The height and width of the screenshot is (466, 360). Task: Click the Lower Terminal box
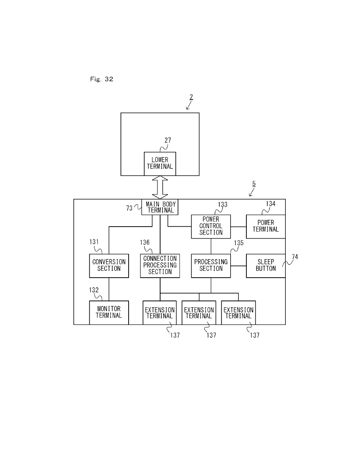pyautogui.click(x=160, y=164)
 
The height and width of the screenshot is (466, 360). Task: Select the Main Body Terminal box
pyautogui.click(x=160, y=207)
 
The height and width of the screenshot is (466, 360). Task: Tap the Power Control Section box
pyautogui.click(x=211, y=226)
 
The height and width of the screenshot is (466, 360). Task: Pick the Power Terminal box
pyautogui.click(x=265, y=226)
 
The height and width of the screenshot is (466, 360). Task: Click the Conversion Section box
pyautogui.click(x=109, y=266)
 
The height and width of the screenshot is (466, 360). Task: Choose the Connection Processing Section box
pyautogui.click(x=160, y=266)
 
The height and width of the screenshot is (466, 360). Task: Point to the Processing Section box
pyautogui.click(x=211, y=266)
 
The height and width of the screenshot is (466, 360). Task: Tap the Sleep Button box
pyautogui.click(x=265, y=266)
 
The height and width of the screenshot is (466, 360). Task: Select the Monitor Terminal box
pyautogui.click(x=109, y=313)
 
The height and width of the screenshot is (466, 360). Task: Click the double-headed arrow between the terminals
pyautogui.click(x=160, y=188)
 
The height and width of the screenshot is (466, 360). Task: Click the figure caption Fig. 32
pyautogui.click(x=101, y=79)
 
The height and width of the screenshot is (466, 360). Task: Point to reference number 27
pyautogui.click(x=168, y=140)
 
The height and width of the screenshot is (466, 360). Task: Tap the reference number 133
pyautogui.click(x=223, y=205)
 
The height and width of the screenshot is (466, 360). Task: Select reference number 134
pyautogui.click(x=271, y=204)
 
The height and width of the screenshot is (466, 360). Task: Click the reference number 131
pyautogui.click(x=94, y=242)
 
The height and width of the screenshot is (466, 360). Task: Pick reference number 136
pyautogui.click(x=145, y=242)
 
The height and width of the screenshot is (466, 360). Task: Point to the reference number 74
pyautogui.click(x=295, y=257)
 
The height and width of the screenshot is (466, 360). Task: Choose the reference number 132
pyautogui.click(x=94, y=290)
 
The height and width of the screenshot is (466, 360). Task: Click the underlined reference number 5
pyautogui.click(x=254, y=183)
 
